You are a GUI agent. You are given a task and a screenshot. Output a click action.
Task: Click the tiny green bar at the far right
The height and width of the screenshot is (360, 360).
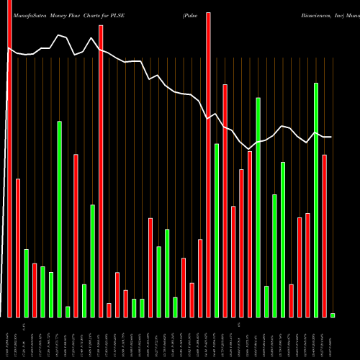pos(333,315)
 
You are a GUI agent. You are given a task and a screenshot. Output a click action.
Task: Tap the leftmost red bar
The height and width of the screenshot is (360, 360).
pos(9,158)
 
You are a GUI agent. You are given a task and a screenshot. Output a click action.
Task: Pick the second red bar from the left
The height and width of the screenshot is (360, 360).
pos(18,248)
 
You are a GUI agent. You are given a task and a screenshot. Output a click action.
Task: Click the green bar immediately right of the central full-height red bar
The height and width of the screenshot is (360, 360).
pos(217,230)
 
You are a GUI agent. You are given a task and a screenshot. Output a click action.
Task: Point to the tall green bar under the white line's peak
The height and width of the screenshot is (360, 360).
pos(60,219)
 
